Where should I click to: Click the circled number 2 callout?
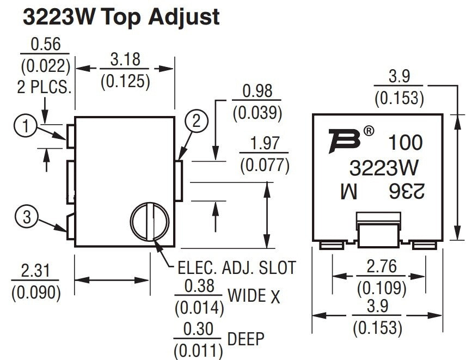(x=196, y=121)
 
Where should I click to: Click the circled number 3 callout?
(x=27, y=217)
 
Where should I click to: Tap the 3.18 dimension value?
(x=125, y=59)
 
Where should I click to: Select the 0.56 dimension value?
(x=45, y=44)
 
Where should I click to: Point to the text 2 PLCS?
(x=44, y=88)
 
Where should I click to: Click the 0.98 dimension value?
(x=257, y=91)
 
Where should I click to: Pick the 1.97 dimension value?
(x=265, y=144)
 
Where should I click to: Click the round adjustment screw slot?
(x=149, y=222)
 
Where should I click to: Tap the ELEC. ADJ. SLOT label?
(x=237, y=267)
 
